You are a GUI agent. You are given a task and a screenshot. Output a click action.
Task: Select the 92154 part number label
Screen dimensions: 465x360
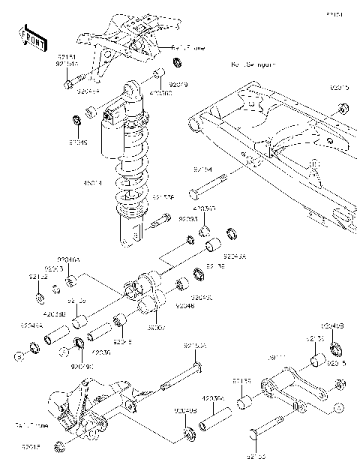(203, 171)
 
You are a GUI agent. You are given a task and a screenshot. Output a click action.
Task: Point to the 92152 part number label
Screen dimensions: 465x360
(38, 277)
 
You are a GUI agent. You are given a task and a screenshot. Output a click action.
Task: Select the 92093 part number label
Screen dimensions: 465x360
(187, 219)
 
